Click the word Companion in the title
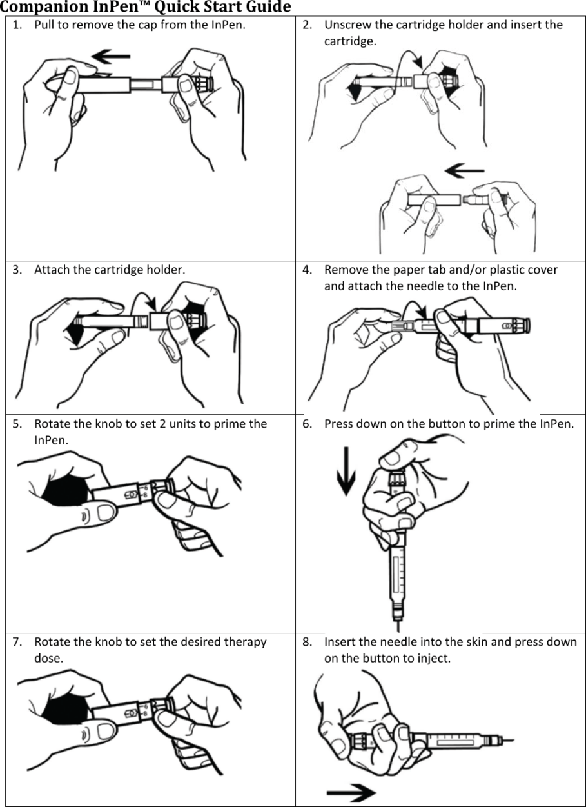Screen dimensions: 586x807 coord(44,7)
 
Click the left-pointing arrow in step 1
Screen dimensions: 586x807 coord(111,56)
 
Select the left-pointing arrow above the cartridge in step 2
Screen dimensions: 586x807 coord(464,170)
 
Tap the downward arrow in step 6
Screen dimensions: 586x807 coord(346,471)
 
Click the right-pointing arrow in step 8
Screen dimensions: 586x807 coord(351,792)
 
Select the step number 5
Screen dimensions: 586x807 coord(17,424)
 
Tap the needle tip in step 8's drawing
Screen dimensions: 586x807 coord(513,741)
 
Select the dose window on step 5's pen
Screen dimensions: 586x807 coord(131,495)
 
